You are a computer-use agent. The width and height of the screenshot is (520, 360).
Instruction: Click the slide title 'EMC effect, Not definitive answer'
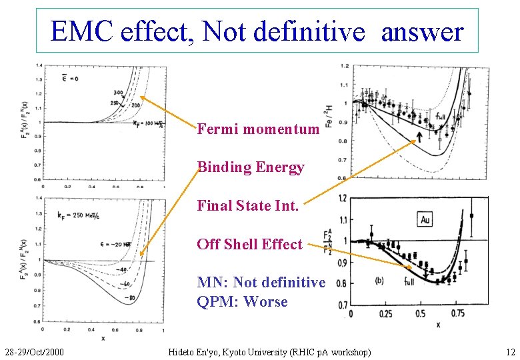tap(257, 31)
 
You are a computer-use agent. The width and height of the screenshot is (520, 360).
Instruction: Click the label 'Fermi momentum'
tap(258, 129)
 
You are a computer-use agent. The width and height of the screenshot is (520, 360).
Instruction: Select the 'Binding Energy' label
tap(251, 167)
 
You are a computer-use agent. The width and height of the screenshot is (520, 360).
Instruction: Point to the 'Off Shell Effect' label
tap(249, 244)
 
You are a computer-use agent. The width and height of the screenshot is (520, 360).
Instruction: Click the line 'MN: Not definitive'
tap(261, 283)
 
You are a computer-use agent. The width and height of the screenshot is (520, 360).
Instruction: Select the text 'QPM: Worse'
tap(242, 301)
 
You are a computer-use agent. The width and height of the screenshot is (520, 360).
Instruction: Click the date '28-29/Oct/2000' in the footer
tap(33, 351)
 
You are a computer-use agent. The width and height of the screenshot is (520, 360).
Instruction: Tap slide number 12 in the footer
tap(511, 351)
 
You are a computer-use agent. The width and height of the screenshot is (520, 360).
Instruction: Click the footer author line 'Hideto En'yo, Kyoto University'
tap(269, 351)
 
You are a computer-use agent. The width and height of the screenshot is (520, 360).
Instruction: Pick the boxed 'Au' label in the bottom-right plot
tap(425, 219)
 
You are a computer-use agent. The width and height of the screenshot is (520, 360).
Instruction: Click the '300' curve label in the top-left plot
tap(118, 93)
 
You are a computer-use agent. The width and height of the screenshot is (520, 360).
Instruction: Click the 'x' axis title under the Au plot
tap(437, 325)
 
